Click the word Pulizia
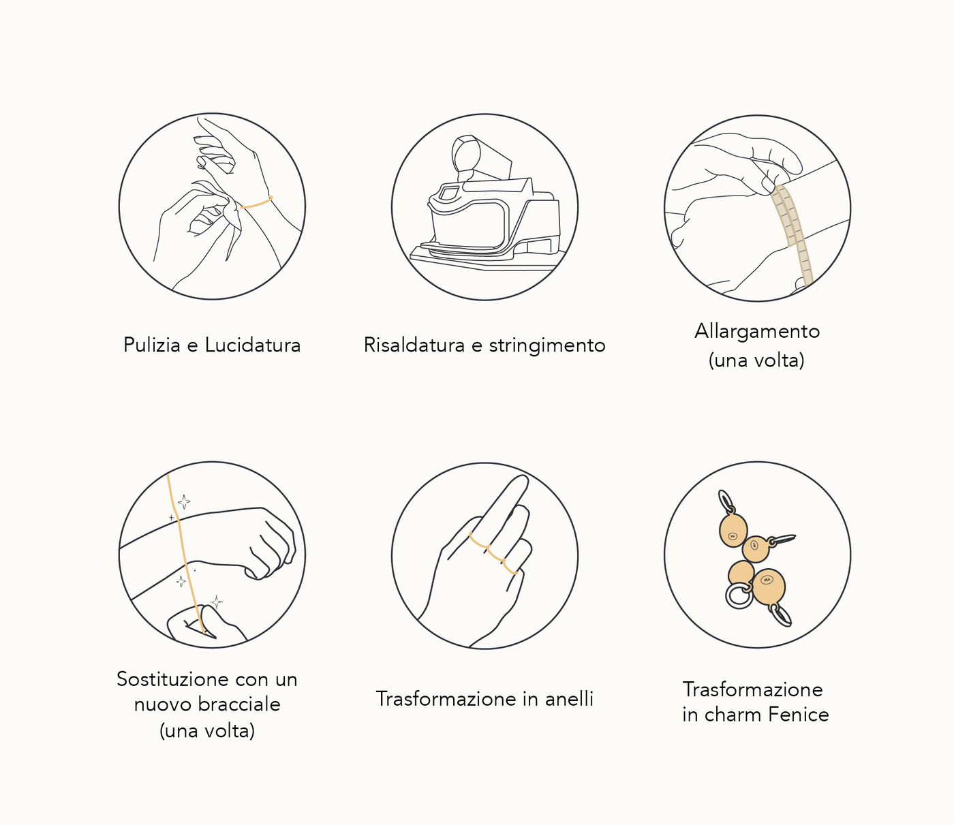click(x=152, y=345)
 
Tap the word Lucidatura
click(x=253, y=345)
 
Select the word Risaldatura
click(x=414, y=345)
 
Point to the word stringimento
click(x=547, y=346)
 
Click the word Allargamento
click(x=757, y=332)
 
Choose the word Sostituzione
click(x=172, y=679)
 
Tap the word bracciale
click(x=239, y=704)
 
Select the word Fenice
click(x=799, y=715)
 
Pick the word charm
click(x=733, y=715)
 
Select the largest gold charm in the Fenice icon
click(x=769, y=587)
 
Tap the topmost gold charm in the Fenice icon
click(x=733, y=530)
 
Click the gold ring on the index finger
click(x=479, y=541)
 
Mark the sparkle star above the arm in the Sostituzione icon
click(x=184, y=501)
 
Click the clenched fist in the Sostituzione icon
click(x=270, y=544)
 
